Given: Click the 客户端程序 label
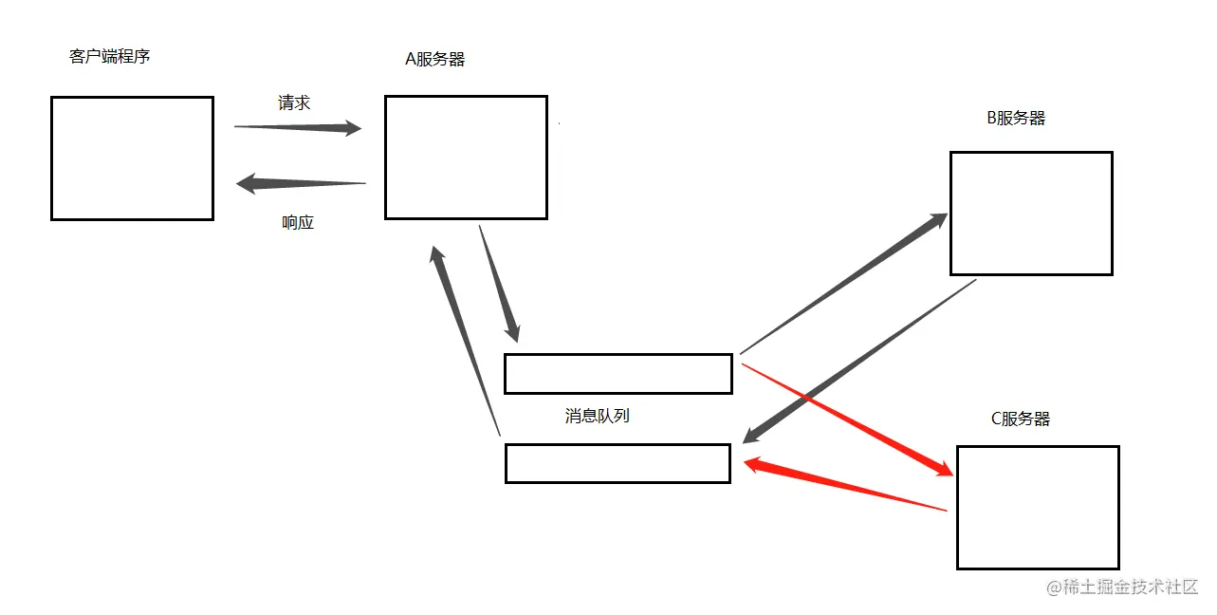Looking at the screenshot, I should tap(110, 56).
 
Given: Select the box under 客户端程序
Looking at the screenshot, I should tap(132, 158).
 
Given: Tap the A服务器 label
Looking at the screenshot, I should tap(434, 59).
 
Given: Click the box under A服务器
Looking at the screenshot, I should tap(466, 157).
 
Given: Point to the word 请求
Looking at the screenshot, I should tap(294, 102).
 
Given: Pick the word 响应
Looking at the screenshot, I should tap(298, 223).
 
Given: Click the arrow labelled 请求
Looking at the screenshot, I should tap(298, 127).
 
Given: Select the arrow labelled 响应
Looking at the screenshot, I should tap(300, 182).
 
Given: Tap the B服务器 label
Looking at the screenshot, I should tap(1016, 118).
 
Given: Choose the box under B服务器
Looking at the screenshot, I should tap(1031, 213).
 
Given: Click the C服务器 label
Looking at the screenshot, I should tap(1020, 419).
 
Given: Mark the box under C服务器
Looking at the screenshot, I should tap(1038, 507).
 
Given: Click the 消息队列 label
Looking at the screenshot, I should tap(597, 416).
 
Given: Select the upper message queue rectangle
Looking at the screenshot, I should tap(618, 373).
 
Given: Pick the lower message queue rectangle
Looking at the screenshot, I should tap(618, 463).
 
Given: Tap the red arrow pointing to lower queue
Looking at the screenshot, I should tap(844, 486).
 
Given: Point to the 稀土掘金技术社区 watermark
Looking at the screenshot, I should tap(1123, 587).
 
